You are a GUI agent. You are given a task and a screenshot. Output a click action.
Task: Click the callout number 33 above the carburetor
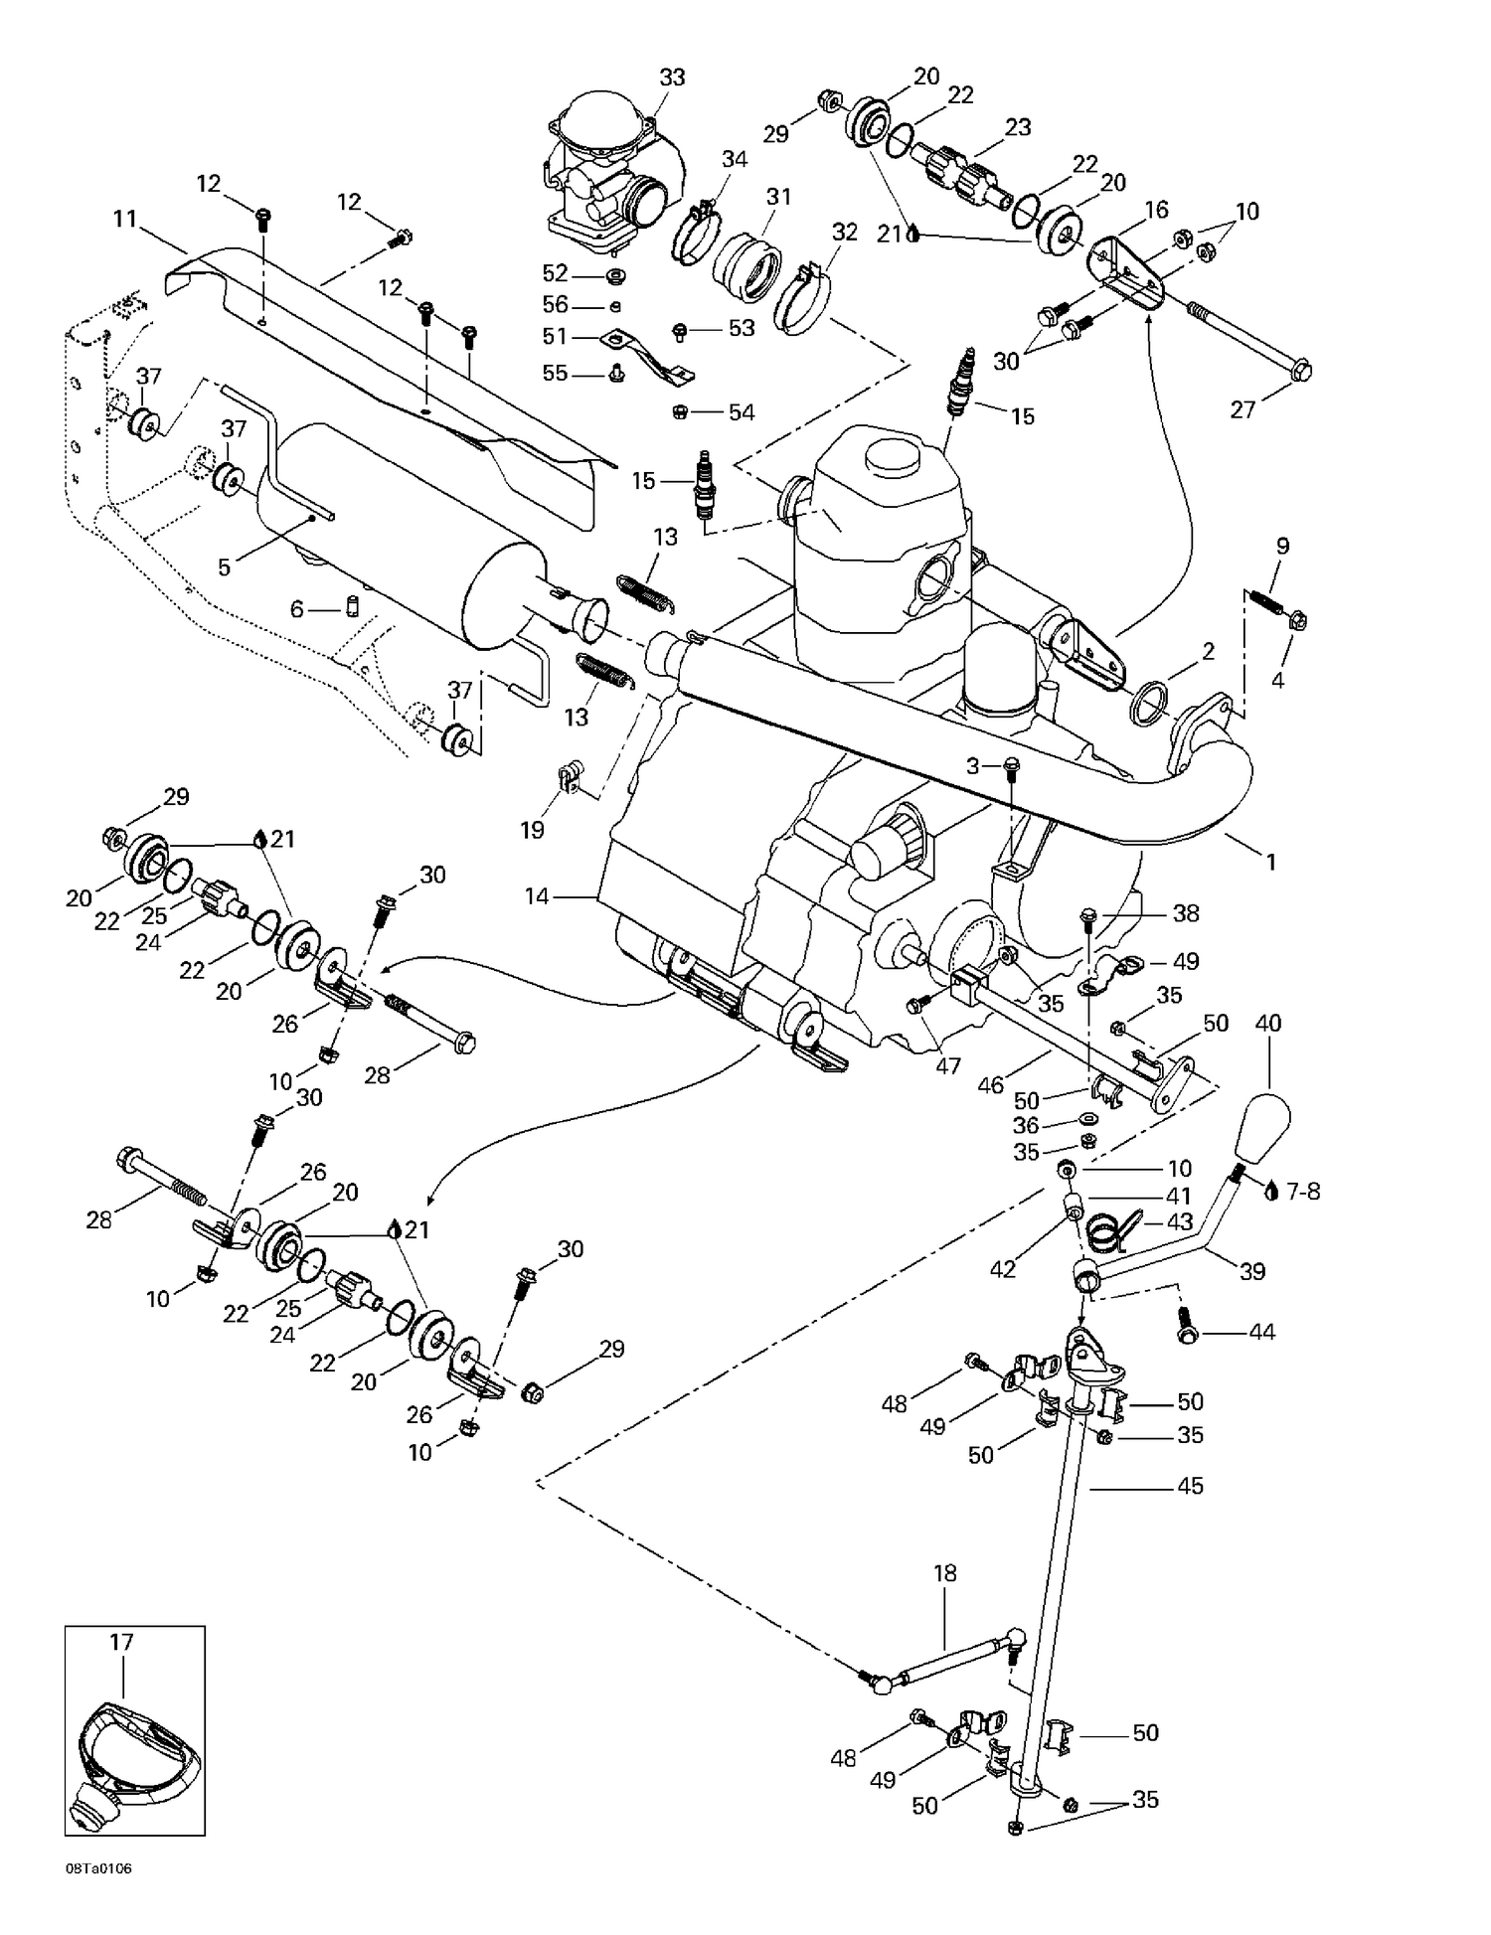tap(673, 77)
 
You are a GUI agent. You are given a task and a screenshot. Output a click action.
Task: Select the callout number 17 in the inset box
tap(121, 1642)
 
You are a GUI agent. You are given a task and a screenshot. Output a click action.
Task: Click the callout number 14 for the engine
tap(536, 896)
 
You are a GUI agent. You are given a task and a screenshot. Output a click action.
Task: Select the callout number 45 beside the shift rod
tap(1190, 1486)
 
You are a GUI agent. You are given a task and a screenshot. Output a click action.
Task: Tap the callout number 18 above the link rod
tap(944, 1573)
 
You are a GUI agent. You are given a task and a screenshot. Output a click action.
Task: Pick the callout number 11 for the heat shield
tap(124, 218)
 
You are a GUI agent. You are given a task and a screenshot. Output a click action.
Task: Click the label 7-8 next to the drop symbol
tap(1303, 1191)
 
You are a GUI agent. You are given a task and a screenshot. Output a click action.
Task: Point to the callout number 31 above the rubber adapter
tap(778, 196)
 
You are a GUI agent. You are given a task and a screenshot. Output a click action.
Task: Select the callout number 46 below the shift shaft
tap(990, 1085)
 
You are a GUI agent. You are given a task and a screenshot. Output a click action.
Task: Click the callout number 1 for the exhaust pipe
tap(1269, 862)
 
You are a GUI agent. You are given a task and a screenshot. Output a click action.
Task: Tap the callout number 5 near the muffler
tap(224, 566)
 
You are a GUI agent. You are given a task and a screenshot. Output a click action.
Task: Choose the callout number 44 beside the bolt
tap(1261, 1332)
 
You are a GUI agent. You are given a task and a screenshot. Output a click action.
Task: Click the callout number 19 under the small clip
tap(533, 830)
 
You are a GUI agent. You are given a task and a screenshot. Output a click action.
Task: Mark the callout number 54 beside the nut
tap(742, 412)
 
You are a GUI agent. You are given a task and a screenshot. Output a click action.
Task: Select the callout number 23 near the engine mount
tap(1018, 127)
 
